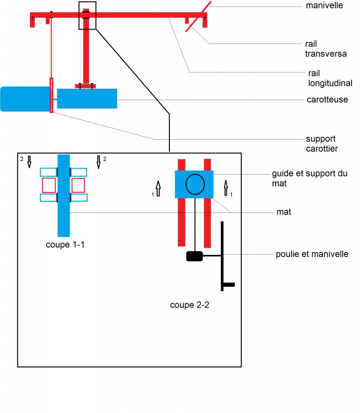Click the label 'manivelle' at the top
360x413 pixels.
click(324, 5)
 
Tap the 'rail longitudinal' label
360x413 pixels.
click(330, 78)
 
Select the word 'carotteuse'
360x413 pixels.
click(327, 100)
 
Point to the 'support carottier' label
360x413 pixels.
click(322, 144)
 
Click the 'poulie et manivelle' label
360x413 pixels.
click(312, 254)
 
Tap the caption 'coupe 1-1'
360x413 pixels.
click(65, 244)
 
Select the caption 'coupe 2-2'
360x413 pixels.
click(189, 305)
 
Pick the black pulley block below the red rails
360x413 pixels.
click(194, 256)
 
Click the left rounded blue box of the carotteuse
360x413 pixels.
click(25, 99)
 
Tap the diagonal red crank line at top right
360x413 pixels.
click(198, 16)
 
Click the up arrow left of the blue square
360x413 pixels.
click(158, 188)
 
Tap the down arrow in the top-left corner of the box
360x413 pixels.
click(29, 162)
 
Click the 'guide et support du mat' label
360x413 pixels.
click(310, 178)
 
